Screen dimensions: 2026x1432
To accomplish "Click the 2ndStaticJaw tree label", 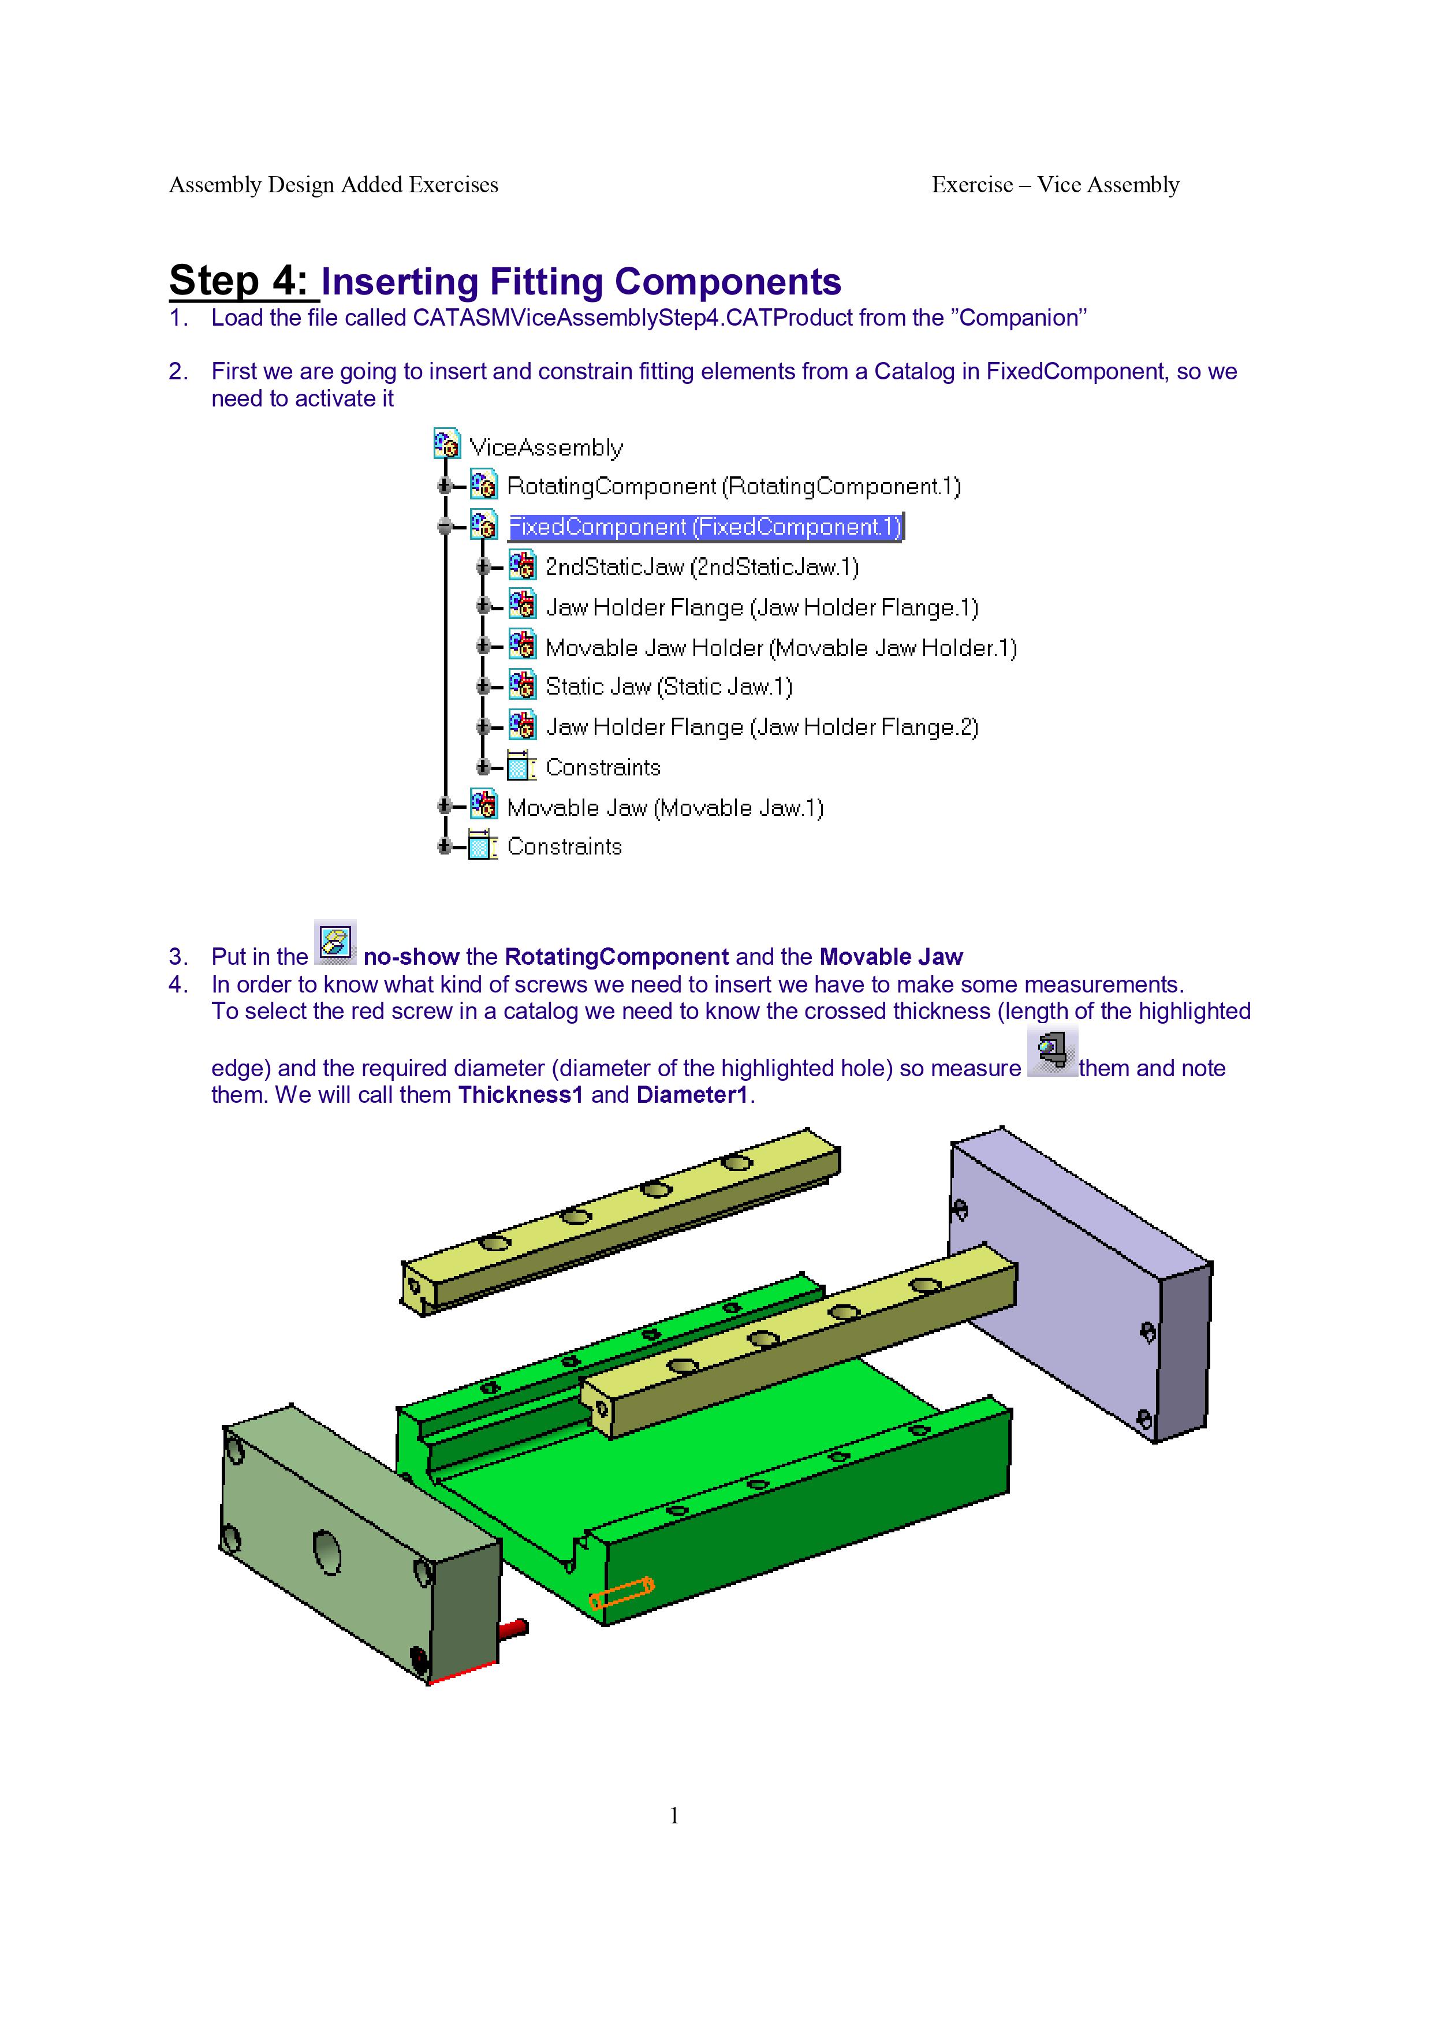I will [702, 568].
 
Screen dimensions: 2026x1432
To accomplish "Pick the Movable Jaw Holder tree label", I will [781, 648].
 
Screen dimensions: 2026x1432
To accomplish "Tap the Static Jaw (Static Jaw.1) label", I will [669, 686].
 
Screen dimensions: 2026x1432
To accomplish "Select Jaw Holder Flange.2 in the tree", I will [762, 727].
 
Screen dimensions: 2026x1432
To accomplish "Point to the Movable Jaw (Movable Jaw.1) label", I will [665, 808].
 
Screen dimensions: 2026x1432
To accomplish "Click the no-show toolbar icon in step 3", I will [335, 942].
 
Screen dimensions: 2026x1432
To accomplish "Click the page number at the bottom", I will [674, 1815].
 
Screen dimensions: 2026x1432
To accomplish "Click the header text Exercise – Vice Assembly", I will [1056, 184].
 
